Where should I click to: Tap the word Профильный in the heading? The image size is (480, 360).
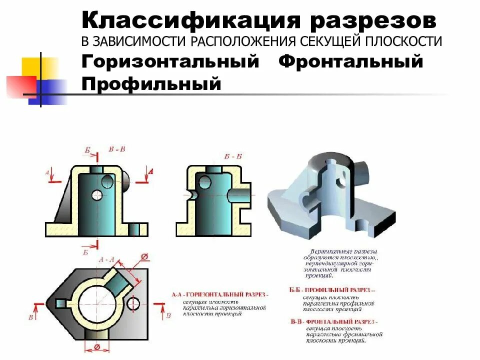click(151, 83)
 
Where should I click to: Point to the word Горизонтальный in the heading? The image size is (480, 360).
click(170, 62)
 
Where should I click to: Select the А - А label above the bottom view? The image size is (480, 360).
click(107, 259)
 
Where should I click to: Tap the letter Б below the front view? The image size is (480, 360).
click(86, 252)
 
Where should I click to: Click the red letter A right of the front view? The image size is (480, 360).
click(150, 171)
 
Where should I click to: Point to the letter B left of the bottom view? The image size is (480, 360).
click(30, 317)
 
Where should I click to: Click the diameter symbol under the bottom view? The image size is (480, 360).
click(97, 347)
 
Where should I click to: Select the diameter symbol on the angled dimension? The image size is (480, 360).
click(144, 257)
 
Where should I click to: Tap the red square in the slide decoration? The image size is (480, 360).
click(21, 85)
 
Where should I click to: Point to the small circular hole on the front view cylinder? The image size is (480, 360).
click(97, 195)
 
